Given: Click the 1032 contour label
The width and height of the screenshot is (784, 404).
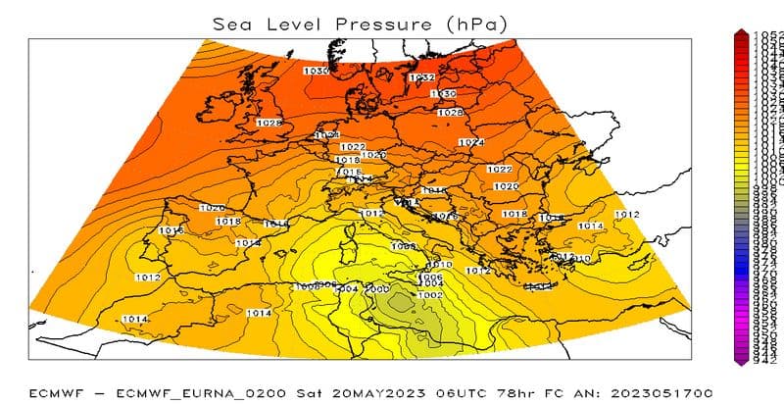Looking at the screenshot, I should pos(421,77).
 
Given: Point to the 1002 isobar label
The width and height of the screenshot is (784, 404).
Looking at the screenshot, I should pos(429,295).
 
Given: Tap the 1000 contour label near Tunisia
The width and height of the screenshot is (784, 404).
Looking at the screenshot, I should pos(376,289).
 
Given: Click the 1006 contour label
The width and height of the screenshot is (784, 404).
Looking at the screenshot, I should pos(431,278).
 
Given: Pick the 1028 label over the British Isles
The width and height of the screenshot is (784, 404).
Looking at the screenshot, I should pos(269,124).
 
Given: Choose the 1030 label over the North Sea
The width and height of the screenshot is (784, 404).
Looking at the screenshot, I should pos(316,71).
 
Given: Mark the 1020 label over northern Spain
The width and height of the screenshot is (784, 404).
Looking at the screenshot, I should pos(212,208).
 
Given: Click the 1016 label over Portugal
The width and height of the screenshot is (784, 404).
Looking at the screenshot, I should pos(171,230).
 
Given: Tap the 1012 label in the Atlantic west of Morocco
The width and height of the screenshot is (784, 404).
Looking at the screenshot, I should pos(148,278).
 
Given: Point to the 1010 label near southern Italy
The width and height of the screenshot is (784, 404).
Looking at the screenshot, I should pos(440,266).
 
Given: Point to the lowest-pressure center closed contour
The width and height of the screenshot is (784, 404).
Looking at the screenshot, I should pos(398,305).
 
